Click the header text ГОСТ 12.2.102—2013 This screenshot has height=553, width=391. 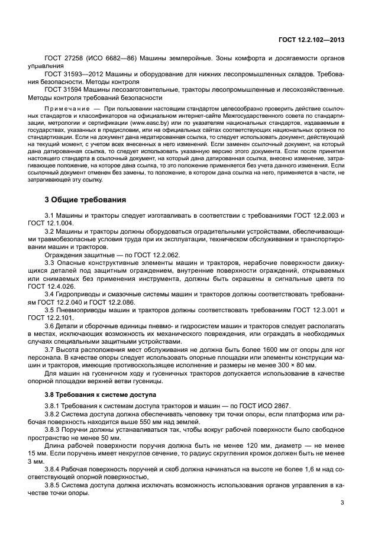click(x=311, y=40)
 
